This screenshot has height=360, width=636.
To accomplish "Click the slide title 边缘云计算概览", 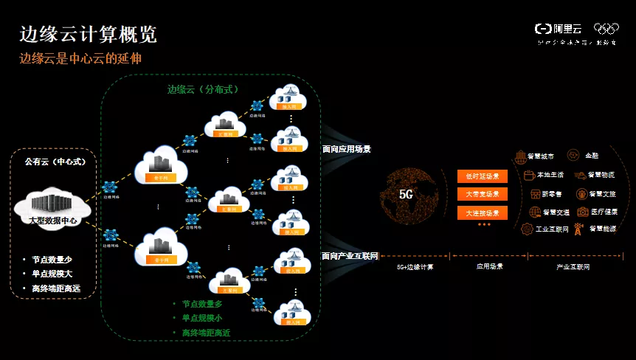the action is tap(88, 35).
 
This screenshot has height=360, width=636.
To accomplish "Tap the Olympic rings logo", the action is tap(606, 29).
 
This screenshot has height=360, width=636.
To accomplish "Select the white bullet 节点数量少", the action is tap(52, 260).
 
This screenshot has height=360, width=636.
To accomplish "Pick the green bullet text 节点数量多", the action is tap(201, 304).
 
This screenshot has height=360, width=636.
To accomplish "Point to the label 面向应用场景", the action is tap(346, 149).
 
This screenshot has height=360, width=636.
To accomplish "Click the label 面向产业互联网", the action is tap(350, 256).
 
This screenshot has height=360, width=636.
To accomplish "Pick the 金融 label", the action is tap(592, 156).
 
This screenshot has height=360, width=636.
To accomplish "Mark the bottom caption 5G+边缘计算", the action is tap(415, 266).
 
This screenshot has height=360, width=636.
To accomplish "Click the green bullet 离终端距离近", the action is tap(206, 333).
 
